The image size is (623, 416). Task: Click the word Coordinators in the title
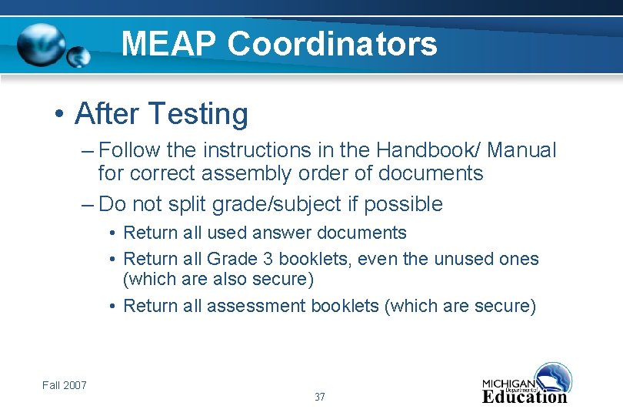pyautogui.click(x=332, y=43)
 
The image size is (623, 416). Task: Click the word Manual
pyautogui.click(x=521, y=150)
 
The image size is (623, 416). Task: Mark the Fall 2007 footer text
pyautogui.click(x=65, y=385)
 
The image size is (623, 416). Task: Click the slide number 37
pyautogui.click(x=320, y=398)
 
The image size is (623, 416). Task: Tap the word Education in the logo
pyautogui.click(x=524, y=397)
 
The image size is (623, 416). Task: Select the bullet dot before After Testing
pyautogui.click(x=58, y=115)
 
